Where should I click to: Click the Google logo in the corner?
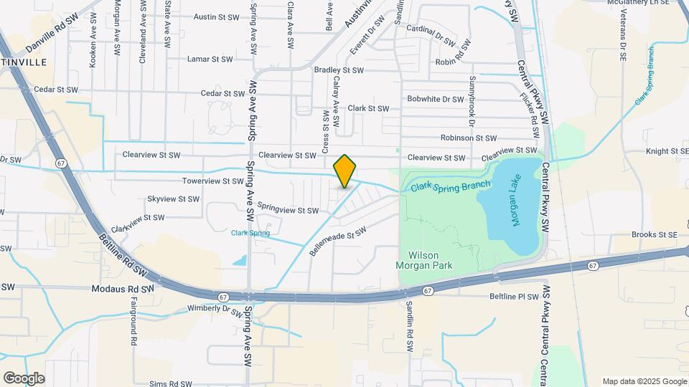[24, 378]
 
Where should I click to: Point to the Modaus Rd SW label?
[123, 290]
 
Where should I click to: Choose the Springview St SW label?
[288, 211]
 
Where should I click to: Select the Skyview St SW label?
[173, 199]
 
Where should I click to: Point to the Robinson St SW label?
[469, 138]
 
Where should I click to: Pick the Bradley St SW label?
[339, 70]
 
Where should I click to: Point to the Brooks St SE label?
[654, 234]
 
